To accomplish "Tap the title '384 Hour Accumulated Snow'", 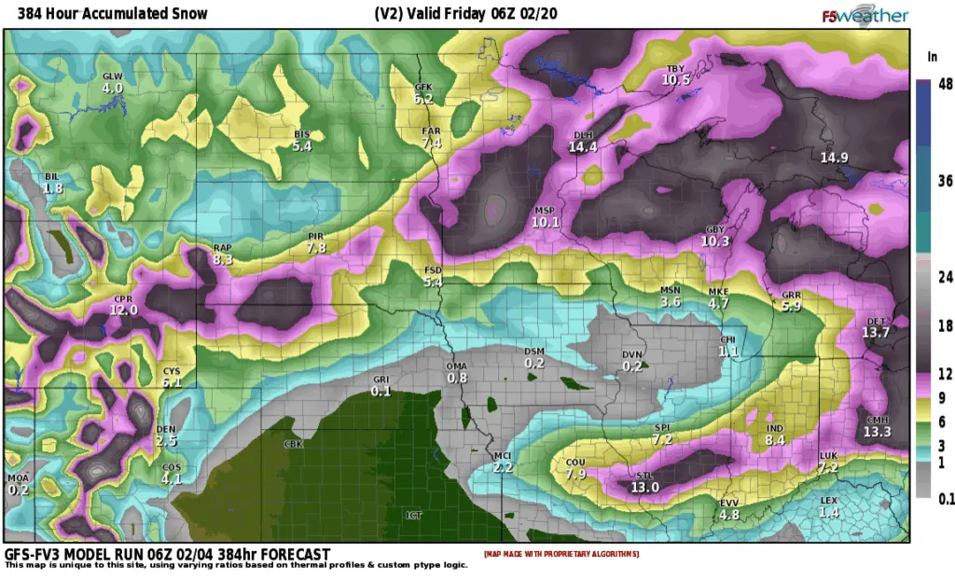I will pyautogui.click(x=106, y=14).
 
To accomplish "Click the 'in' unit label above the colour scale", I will pyautogui.click(x=931, y=57).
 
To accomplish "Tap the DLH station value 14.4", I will pyautogui.click(x=583, y=147).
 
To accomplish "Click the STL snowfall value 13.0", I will pyautogui.click(x=645, y=487).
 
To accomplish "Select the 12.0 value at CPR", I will pyautogui.click(x=123, y=310).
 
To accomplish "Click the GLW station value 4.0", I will pyautogui.click(x=112, y=88).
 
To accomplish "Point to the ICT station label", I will pyautogui.click(x=414, y=514).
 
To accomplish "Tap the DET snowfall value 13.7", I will pyautogui.click(x=876, y=332).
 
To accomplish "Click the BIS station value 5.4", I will pyautogui.click(x=302, y=146).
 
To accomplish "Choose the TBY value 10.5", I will pyautogui.click(x=676, y=80).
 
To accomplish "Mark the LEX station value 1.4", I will pyautogui.click(x=829, y=513).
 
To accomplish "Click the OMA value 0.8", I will pyautogui.click(x=457, y=378).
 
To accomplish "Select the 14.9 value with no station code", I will pyautogui.click(x=834, y=158).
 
